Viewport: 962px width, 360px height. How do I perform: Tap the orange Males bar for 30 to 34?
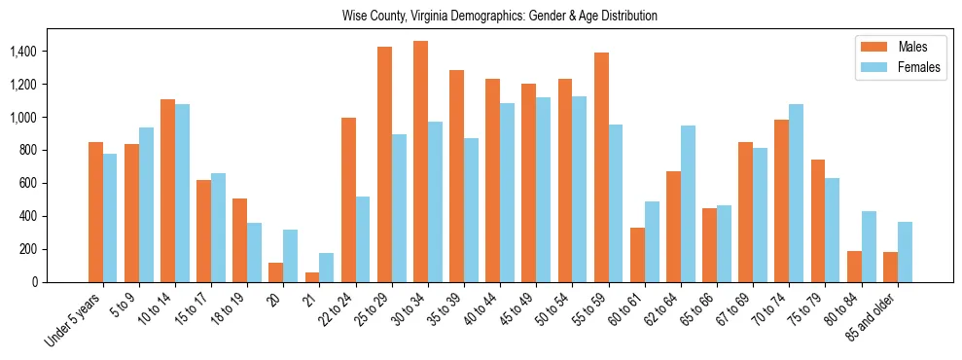click(420, 162)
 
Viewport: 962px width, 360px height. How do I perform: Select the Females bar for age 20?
click(291, 256)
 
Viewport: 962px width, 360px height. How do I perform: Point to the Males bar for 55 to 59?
click(601, 167)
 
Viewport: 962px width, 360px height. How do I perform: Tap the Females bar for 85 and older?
click(906, 252)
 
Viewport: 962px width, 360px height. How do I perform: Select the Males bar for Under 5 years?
click(95, 212)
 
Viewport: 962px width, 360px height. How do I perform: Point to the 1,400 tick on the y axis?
click(23, 51)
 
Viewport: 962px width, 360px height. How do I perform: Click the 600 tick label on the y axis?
click(29, 183)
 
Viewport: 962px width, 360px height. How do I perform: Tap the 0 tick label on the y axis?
click(34, 282)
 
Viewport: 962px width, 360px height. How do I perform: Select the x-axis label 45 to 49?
click(517, 311)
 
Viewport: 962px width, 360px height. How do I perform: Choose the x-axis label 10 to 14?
click(156, 311)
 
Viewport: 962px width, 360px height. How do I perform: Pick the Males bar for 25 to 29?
click(384, 164)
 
